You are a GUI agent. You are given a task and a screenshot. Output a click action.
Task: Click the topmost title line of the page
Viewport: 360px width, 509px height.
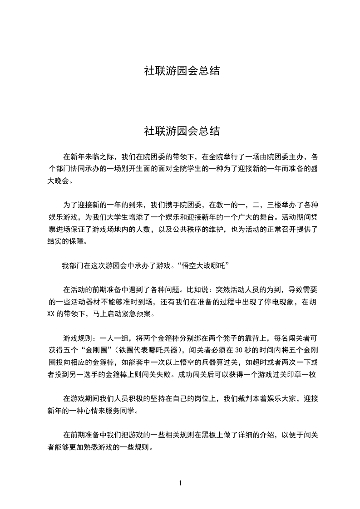(182, 71)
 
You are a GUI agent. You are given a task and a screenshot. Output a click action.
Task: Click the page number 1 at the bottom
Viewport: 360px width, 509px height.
(180, 483)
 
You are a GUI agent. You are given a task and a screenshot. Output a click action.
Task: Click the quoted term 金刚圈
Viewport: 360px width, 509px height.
(95, 350)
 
